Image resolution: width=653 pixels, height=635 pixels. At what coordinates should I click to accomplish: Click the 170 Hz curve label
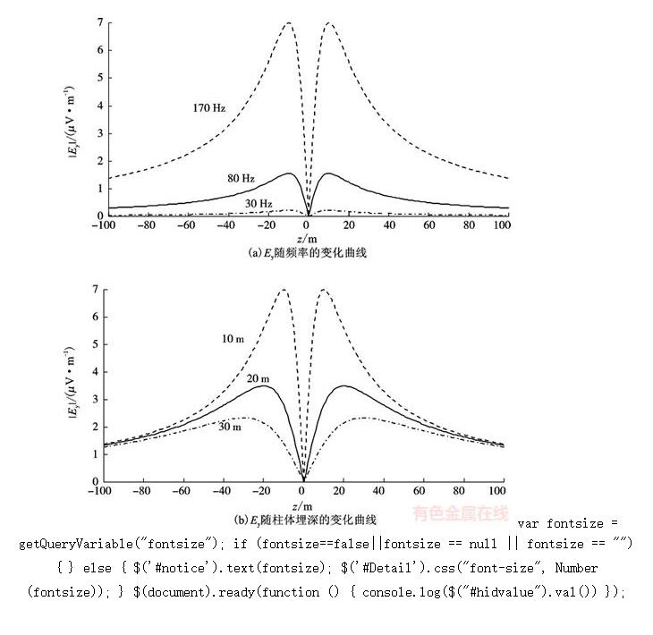[x=208, y=108]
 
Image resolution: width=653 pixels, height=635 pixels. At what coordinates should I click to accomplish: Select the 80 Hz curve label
[x=241, y=179]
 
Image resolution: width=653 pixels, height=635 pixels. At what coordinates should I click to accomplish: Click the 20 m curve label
[x=259, y=378]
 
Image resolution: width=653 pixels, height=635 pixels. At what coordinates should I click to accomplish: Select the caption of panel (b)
[x=305, y=519]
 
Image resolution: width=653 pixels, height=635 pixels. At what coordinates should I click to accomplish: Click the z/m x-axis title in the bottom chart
[x=304, y=504]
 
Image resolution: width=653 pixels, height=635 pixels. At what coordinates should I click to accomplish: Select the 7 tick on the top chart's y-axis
[x=101, y=21]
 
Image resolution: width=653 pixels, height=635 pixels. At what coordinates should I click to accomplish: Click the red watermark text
[x=460, y=513]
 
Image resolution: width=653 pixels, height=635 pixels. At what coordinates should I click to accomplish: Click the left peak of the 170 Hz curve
[x=288, y=22]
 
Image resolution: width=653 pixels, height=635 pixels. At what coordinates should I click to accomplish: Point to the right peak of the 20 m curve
[x=343, y=385]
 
